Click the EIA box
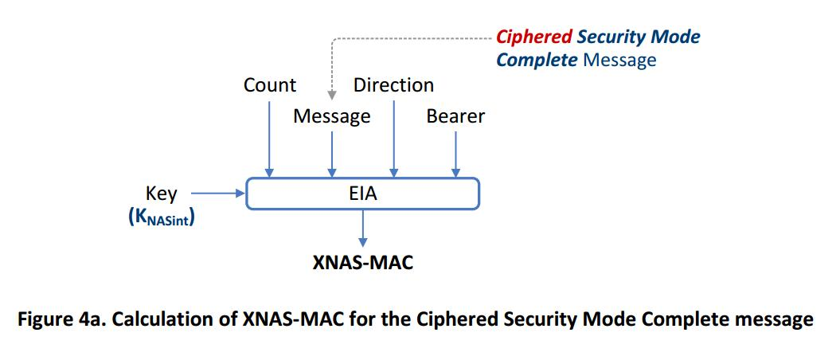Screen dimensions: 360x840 pos(363,194)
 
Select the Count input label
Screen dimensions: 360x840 pos(270,85)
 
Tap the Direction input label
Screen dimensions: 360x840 pos(393,85)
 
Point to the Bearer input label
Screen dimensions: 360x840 pos(455,116)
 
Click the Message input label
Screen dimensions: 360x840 pos(332,116)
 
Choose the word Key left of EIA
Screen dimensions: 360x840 pos(162,194)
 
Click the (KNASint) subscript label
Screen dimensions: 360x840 pos(162,216)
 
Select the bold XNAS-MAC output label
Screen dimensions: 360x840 pos(363,262)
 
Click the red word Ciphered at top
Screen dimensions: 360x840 pos(533,37)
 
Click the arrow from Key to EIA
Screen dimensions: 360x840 pos(217,193)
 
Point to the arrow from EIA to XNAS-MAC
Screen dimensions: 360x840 pos(363,227)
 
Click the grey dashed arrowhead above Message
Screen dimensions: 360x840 pos(332,96)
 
